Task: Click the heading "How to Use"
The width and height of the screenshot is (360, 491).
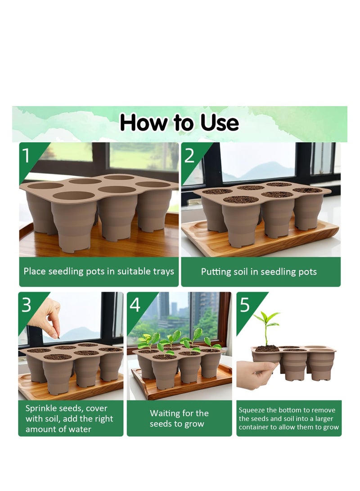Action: (x=179, y=122)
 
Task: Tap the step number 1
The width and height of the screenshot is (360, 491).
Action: (x=26, y=156)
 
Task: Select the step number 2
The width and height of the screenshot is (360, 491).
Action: (x=189, y=156)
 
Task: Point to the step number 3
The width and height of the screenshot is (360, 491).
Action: (x=26, y=305)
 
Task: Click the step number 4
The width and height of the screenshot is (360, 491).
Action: (x=135, y=305)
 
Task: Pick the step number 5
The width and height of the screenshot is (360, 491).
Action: (x=244, y=305)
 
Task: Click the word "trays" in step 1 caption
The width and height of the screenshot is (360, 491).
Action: (x=163, y=271)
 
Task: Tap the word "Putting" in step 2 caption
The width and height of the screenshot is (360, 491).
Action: (x=215, y=272)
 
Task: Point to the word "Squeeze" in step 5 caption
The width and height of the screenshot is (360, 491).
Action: (x=252, y=410)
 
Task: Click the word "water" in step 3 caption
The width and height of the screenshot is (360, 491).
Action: (x=81, y=429)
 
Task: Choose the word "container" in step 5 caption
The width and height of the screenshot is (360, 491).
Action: (x=253, y=427)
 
